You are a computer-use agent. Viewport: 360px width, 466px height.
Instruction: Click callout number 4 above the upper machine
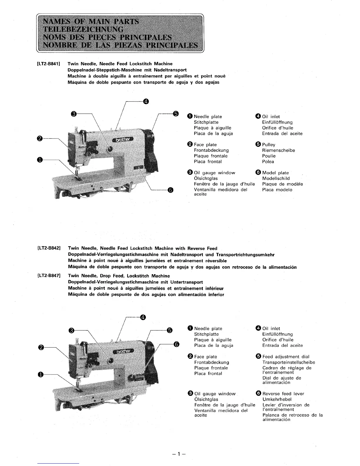(x=146, y=102)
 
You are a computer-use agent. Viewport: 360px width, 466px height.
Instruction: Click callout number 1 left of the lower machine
(x=41, y=374)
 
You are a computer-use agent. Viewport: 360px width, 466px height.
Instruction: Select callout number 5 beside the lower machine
(x=169, y=330)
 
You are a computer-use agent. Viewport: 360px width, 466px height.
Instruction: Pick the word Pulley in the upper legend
(x=269, y=145)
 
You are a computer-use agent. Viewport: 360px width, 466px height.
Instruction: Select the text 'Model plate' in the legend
(x=275, y=173)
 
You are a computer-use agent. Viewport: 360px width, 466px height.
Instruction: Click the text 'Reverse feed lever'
(x=283, y=394)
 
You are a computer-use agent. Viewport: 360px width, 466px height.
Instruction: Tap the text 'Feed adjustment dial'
(x=286, y=357)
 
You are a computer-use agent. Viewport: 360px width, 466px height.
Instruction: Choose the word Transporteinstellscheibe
(x=289, y=362)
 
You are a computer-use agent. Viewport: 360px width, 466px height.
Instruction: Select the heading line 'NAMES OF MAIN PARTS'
(x=91, y=22)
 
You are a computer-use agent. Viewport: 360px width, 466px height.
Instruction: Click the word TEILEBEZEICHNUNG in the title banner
(x=83, y=29)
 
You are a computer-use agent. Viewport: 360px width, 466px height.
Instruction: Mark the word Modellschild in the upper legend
(x=276, y=179)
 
